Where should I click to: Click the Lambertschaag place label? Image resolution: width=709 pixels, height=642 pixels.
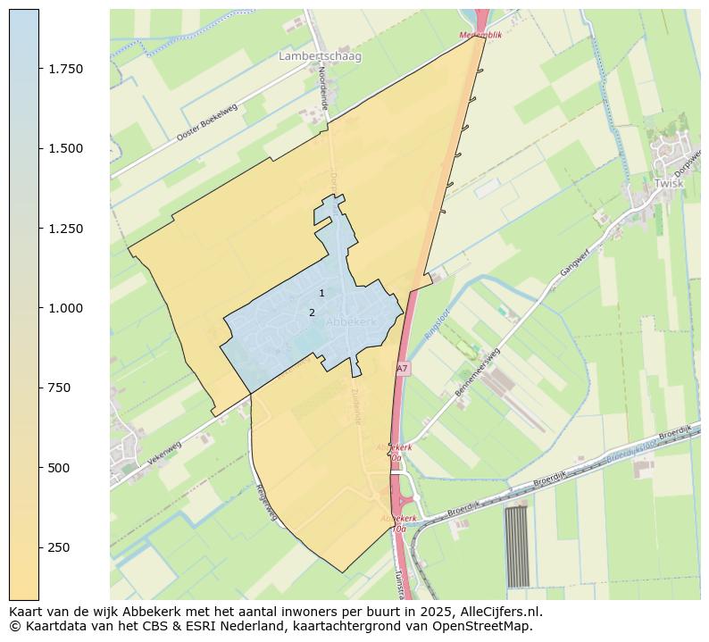[x=320, y=56]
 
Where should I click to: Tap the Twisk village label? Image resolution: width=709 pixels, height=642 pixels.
[x=668, y=183]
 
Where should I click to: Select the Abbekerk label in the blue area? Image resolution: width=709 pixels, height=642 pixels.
[x=351, y=321]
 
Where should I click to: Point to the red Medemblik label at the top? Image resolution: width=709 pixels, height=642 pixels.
[x=481, y=36]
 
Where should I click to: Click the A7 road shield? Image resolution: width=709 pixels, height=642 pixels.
[x=402, y=368]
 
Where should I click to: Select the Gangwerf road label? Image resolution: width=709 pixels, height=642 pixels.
[x=576, y=262]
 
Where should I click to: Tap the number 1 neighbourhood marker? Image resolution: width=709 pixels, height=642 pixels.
[x=321, y=293]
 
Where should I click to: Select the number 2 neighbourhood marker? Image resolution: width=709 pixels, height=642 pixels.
[x=312, y=313]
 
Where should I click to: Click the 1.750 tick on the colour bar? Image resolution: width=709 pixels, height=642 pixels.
[x=66, y=69]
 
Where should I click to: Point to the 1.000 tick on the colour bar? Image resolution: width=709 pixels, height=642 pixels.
[x=66, y=308]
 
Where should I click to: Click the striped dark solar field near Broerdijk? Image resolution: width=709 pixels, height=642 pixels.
[x=517, y=546]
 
